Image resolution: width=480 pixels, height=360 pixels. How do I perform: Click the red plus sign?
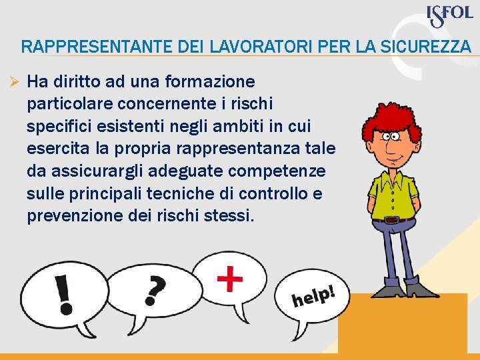coord(230,278)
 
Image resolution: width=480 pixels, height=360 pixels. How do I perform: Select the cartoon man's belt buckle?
coord(392,219)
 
